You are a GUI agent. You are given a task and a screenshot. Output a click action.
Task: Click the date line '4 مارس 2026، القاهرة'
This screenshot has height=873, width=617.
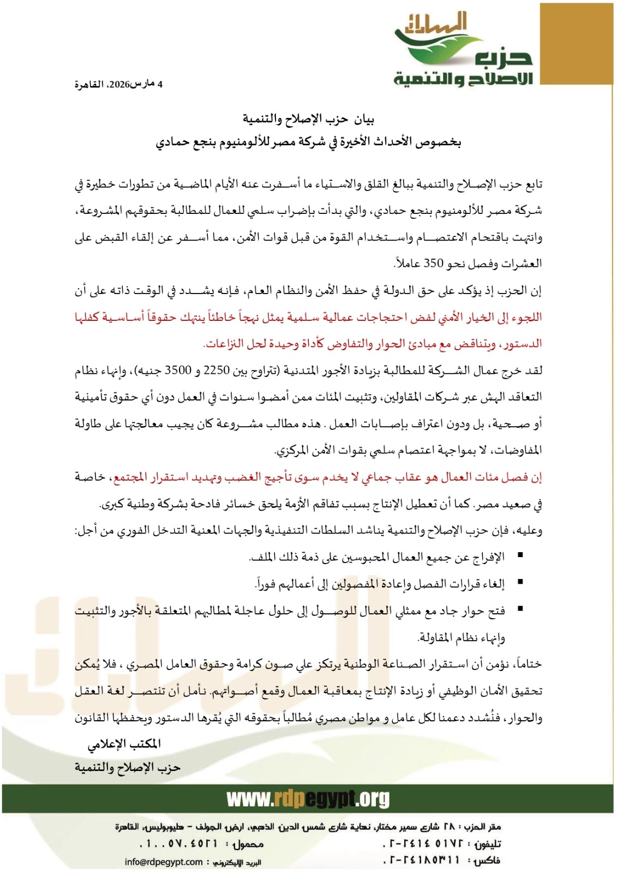point(118,84)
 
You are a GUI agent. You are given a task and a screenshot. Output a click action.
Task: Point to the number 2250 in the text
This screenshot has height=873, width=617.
point(217,370)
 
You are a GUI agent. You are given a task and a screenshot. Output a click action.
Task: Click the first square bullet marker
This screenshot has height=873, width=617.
point(520,555)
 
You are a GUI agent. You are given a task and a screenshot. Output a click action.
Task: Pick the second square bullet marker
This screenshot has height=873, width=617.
point(520,582)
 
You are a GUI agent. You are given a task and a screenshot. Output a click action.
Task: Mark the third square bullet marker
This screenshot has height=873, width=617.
point(520,609)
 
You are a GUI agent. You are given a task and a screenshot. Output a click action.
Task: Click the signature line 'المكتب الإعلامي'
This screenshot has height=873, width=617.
point(124,744)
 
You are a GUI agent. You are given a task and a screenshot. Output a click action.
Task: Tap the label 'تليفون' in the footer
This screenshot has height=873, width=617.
point(487,844)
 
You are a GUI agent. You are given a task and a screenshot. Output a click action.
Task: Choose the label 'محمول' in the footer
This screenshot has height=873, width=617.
point(248,844)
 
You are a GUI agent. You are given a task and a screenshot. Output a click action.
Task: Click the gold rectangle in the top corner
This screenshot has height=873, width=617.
point(576,44)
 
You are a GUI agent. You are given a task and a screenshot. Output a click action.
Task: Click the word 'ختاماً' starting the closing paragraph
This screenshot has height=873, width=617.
point(526,664)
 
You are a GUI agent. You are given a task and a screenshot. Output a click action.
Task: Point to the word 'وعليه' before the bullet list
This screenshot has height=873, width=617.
point(529,530)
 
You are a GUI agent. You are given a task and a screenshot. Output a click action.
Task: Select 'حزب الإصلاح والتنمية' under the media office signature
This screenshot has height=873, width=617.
point(127,768)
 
